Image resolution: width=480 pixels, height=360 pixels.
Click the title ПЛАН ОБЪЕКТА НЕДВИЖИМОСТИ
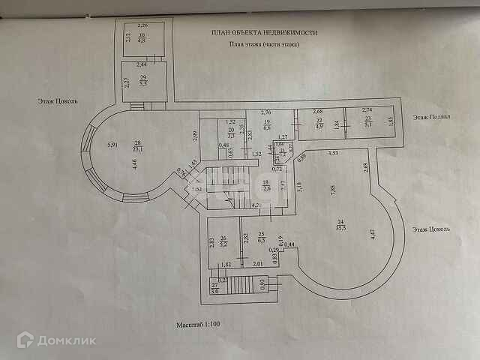pyautogui.click(x=264, y=33)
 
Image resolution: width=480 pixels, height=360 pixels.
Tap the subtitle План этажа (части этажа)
pyautogui.click(x=264, y=45)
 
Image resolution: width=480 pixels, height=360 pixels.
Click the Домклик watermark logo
pyautogui.click(x=56, y=340)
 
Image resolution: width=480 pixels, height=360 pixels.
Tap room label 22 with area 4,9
pyautogui.click(x=319, y=124)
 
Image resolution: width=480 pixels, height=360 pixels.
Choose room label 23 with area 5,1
pyautogui.click(x=367, y=122)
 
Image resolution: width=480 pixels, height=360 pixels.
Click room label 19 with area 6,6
pyautogui.click(x=266, y=124)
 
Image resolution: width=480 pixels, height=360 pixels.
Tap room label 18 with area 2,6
pyautogui.click(x=265, y=187)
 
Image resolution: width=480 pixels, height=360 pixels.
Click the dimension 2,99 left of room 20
pyautogui.click(x=193, y=135)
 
